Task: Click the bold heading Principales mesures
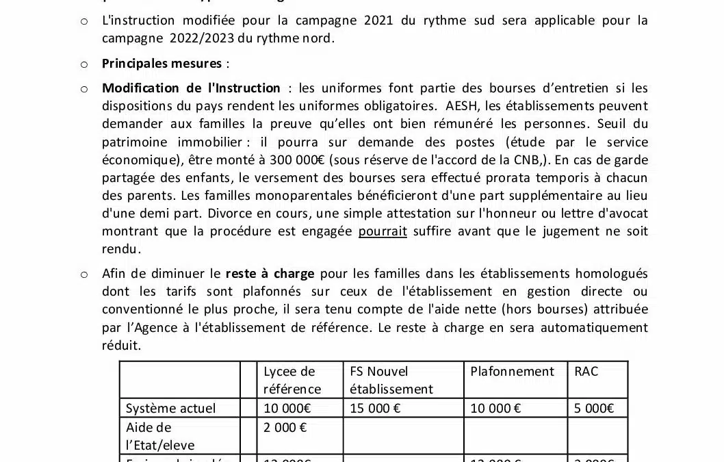coord(161,64)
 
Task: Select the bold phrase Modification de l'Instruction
coord(191,88)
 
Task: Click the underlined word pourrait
coord(383,231)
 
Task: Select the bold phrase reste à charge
coord(270,274)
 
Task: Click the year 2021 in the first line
coord(378,21)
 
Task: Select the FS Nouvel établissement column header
coord(391,380)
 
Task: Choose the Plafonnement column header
coord(512,372)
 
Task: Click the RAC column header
coord(586,372)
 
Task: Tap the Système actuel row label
coord(170,409)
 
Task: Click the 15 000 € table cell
coord(375,409)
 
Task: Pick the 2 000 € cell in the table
coord(285,428)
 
